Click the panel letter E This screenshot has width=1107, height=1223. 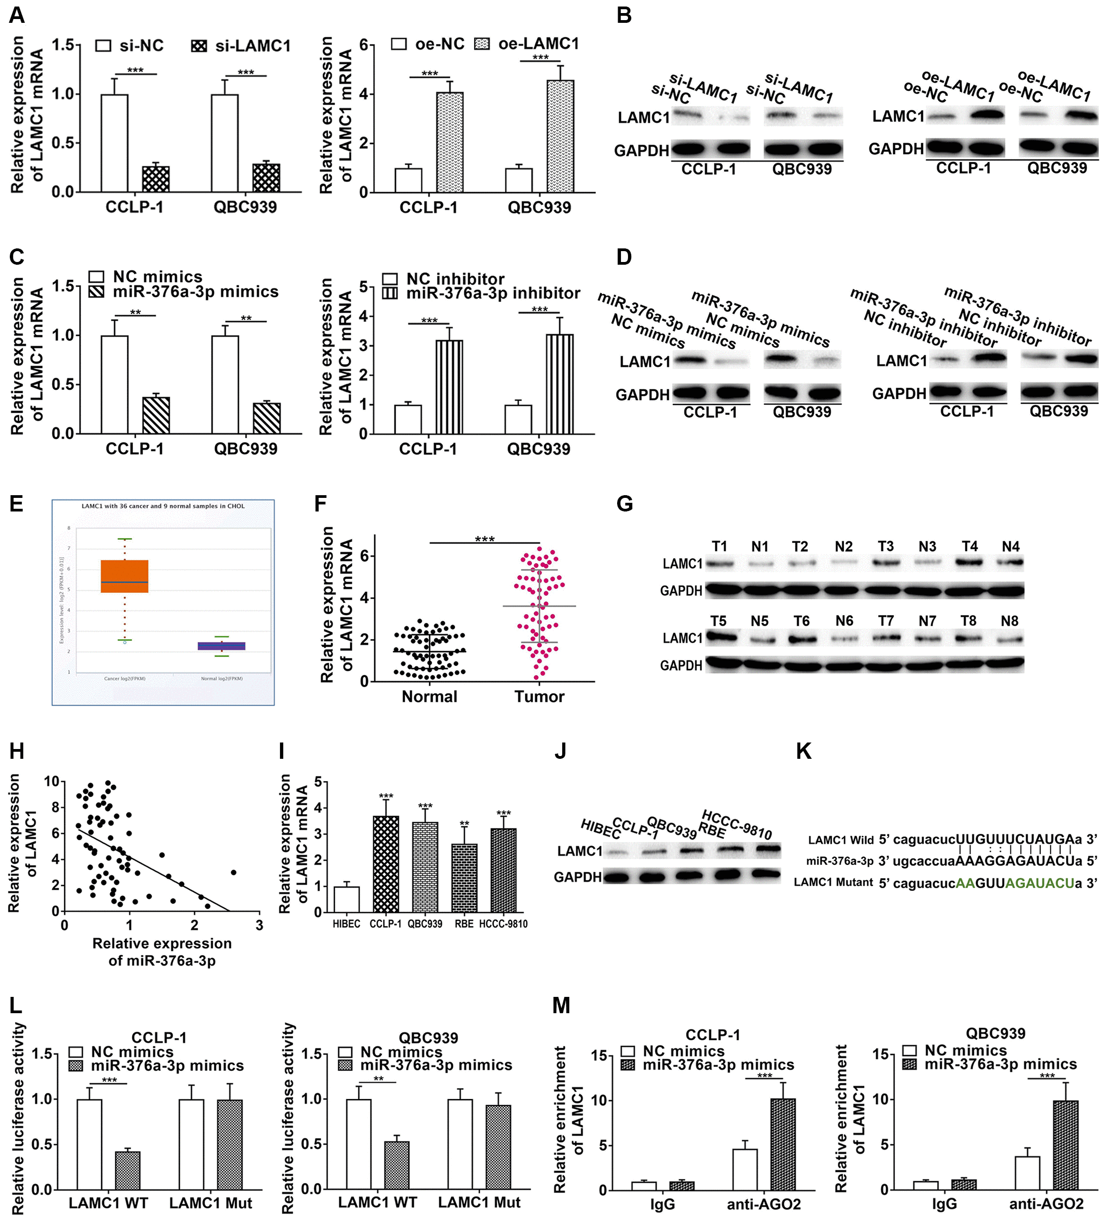(x=16, y=503)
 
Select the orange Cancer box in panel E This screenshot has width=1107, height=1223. (x=125, y=576)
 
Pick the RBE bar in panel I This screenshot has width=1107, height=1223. (x=464, y=878)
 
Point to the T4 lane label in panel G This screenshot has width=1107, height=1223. (x=970, y=547)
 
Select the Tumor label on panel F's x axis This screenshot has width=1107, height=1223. (x=539, y=696)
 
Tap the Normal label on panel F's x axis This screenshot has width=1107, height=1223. (x=429, y=696)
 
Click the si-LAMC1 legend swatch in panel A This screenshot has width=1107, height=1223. (x=199, y=46)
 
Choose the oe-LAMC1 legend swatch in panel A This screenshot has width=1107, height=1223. (x=482, y=43)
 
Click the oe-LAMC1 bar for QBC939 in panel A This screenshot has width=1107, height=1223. (x=560, y=136)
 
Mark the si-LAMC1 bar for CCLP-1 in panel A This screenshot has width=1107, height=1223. (x=156, y=179)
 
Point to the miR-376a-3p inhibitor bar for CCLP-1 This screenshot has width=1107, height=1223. (x=449, y=386)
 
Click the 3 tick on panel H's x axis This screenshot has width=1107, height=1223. (x=259, y=925)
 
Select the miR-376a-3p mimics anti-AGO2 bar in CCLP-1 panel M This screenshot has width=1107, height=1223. (x=783, y=1144)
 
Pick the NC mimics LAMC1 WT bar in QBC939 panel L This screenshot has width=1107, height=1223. (x=359, y=1144)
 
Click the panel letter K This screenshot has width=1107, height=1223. (x=804, y=752)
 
